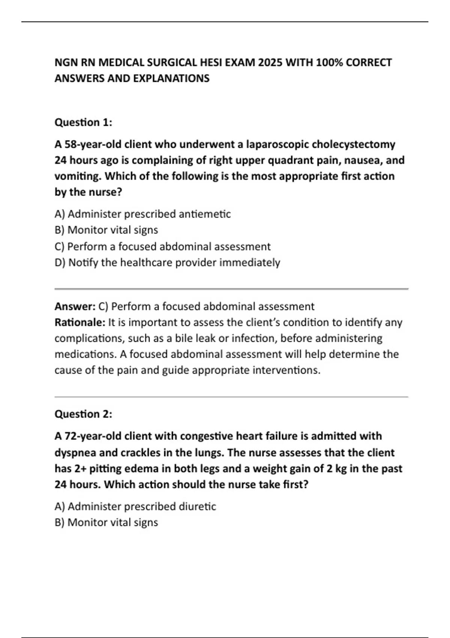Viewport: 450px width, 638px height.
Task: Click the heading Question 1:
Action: [x=83, y=122]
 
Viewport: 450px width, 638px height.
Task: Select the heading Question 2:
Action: [x=83, y=414]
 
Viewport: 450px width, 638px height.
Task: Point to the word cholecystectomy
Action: [x=354, y=144]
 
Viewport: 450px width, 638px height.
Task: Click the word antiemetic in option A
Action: [x=204, y=214]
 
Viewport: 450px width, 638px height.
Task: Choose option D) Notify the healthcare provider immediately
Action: [x=167, y=262]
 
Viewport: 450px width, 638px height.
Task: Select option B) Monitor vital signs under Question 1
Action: [x=106, y=230]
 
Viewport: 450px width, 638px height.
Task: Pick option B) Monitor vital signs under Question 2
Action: [x=106, y=522]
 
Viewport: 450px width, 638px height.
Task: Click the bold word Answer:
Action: [x=75, y=306]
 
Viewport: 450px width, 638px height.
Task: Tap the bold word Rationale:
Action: [x=80, y=322]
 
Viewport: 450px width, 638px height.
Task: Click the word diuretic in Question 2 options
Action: [x=197, y=507]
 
